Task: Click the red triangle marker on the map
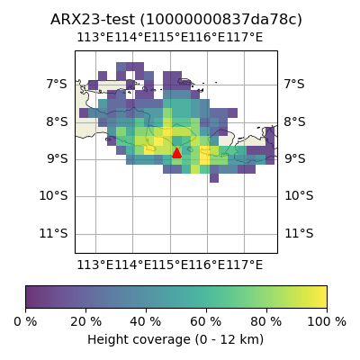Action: point(176,153)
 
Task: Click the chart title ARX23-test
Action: point(93,20)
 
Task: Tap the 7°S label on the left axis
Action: point(57,84)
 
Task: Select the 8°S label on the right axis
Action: point(295,121)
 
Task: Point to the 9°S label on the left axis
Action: point(57,158)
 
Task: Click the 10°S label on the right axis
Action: point(299,196)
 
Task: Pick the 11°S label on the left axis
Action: point(53,233)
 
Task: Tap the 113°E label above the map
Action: point(95,38)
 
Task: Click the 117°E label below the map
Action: point(244,265)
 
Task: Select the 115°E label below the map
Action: point(170,265)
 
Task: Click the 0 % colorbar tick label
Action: point(25,322)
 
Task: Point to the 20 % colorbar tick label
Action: point(86,322)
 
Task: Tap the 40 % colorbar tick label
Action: point(146,322)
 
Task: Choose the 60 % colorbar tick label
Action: point(206,322)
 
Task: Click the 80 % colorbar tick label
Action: point(266,322)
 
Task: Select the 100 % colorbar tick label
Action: point(327,322)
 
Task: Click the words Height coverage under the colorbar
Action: point(139,340)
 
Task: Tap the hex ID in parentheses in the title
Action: point(220,20)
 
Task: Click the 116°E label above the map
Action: point(207,38)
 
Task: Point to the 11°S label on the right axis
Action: point(299,233)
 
